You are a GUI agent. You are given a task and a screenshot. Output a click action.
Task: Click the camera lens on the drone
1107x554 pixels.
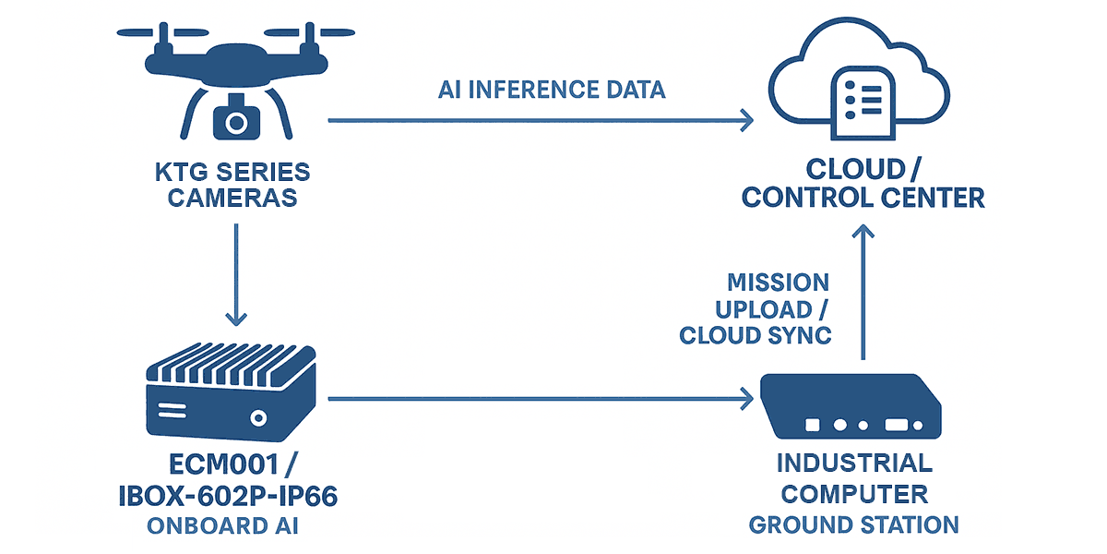click(235, 121)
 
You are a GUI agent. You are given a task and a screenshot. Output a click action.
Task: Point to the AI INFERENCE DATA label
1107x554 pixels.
click(551, 90)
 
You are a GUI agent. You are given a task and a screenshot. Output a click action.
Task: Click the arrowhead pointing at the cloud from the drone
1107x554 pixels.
click(745, 119)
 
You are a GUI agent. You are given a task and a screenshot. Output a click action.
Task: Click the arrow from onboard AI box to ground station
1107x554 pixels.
click(540, 399)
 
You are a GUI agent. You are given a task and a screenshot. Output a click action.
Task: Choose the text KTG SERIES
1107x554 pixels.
click(234, 172)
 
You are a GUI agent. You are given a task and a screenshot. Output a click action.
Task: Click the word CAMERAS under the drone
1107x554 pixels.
click(234, 197)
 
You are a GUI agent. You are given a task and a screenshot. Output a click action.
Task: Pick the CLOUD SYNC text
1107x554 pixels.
click(756, 335)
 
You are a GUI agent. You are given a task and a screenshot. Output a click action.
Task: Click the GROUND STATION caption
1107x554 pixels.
click(853, 525)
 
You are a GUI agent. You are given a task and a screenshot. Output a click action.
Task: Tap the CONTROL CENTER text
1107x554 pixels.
click(863, 197)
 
